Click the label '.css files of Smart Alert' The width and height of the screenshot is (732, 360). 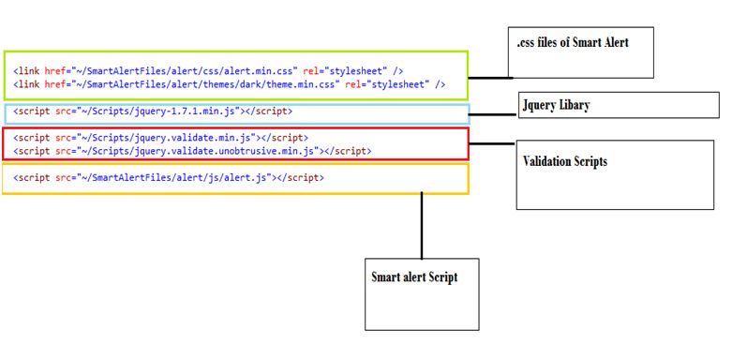573,43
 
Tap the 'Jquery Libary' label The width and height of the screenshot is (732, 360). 556,105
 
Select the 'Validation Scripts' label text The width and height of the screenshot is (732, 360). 564,161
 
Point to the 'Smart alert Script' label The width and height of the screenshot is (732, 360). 414,277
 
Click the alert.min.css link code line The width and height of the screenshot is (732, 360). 209,71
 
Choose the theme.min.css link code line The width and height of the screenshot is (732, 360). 229,84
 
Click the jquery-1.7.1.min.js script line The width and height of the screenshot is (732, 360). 153,112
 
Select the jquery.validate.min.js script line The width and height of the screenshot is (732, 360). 161,138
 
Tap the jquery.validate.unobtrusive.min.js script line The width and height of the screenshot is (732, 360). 192,150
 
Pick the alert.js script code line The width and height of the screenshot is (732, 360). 170,176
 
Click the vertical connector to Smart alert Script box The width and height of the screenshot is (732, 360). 422,225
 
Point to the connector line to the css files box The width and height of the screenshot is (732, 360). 488,78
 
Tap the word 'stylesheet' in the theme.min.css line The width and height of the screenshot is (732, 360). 398,84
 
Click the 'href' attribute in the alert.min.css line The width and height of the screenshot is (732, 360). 55,71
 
